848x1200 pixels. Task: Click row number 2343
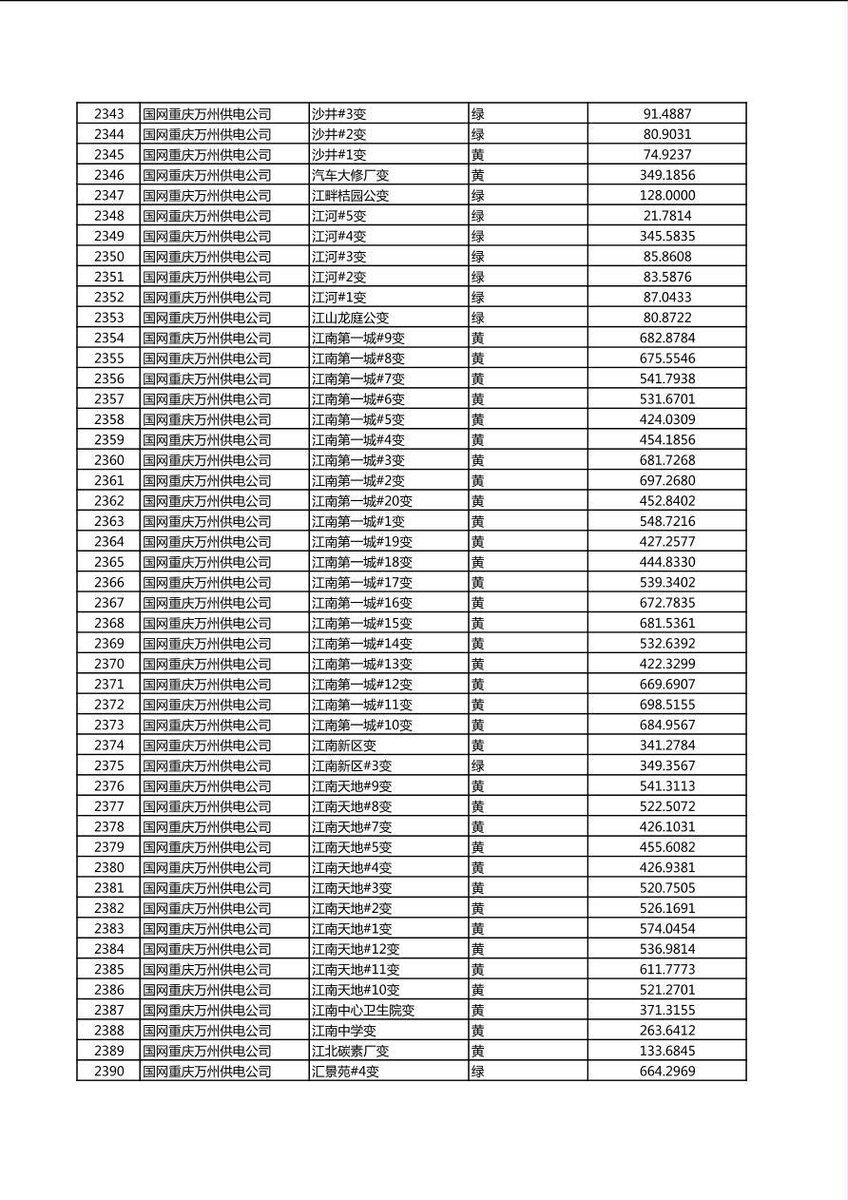108,114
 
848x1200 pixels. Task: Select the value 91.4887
667,114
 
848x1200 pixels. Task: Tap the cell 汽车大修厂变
351,175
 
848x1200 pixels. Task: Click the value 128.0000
667,195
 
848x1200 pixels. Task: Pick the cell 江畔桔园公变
351,195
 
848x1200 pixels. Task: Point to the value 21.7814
667,216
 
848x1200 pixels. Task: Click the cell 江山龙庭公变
351,318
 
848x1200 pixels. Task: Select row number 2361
108,480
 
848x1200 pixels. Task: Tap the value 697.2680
667,480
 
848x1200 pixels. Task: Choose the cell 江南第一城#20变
362,501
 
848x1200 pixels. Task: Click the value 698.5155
667,705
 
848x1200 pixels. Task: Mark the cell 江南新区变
344,745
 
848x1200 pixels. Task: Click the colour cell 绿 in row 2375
478,765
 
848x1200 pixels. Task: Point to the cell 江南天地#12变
356,949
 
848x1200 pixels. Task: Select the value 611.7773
667,969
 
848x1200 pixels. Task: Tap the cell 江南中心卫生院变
363,1010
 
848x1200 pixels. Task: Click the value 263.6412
667,1031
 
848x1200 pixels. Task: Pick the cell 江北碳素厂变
351,1051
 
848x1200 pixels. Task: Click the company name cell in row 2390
207,1072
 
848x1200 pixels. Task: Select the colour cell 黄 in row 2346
478,175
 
